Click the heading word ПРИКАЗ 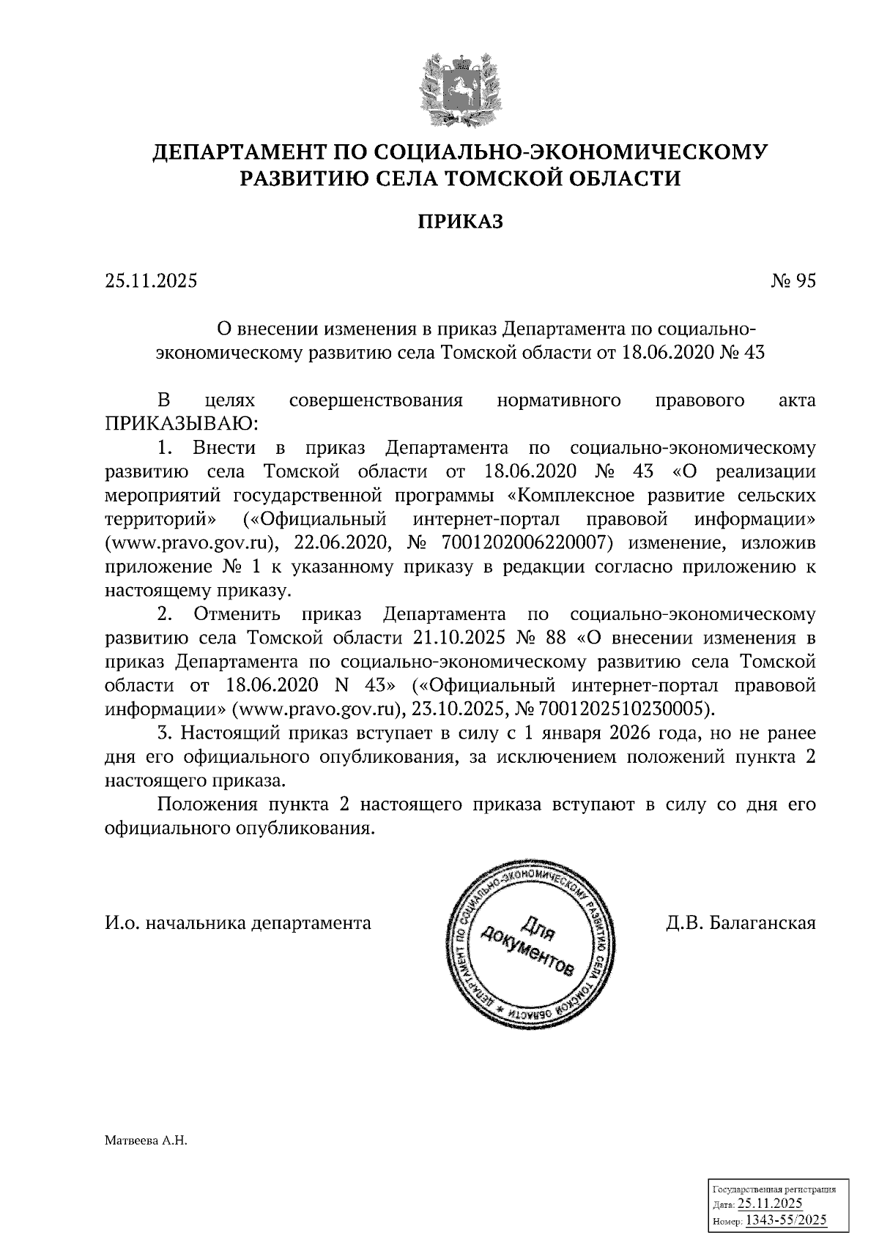tap(461, 222)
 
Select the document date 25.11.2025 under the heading tap(151, 280)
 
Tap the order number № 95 tap(793, 280)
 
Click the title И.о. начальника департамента tap(238, 922)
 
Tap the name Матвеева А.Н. tap(146, 1140)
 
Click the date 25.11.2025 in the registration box tap(770, 1203)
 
